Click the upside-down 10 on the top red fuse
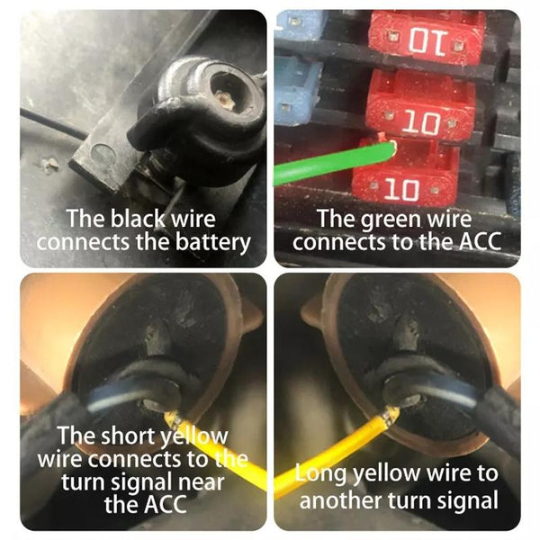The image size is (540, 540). pos(428,42)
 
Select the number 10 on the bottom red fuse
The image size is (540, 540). pos(402,189)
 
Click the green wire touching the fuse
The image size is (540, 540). pos(335,163)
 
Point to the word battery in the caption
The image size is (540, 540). pos(212,243)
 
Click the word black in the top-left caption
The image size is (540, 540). pos(138,218)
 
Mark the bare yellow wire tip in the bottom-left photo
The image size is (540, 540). pos(172,418)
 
